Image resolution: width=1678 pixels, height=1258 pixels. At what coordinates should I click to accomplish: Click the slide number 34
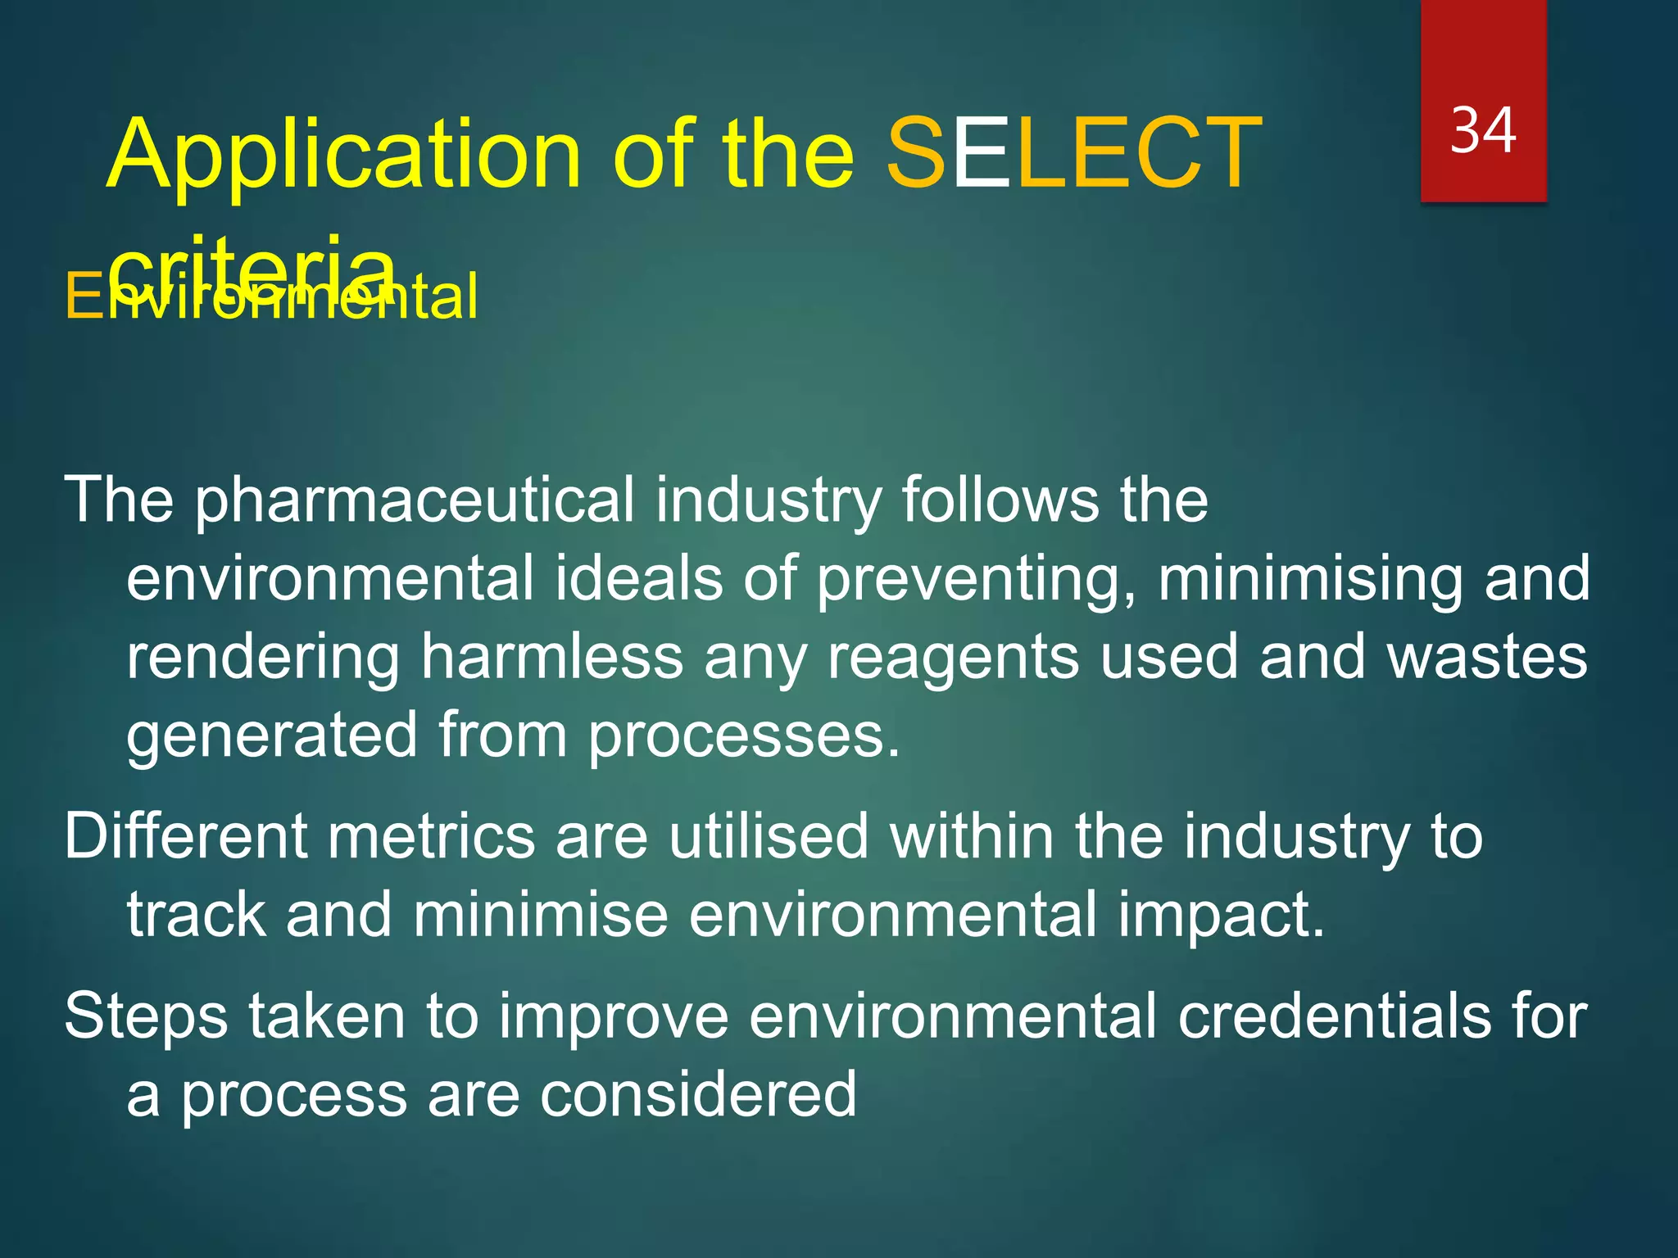[1483, 131]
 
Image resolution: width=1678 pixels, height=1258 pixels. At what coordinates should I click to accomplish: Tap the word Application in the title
[344, 156]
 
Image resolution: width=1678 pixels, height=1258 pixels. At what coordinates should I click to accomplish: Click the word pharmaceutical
[415, 501]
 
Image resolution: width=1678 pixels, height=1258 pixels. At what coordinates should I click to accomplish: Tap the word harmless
[552, 657]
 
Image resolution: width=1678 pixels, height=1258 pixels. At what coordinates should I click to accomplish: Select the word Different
[185, 836]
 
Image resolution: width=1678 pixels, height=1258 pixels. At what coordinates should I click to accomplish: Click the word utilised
[768, 836]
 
